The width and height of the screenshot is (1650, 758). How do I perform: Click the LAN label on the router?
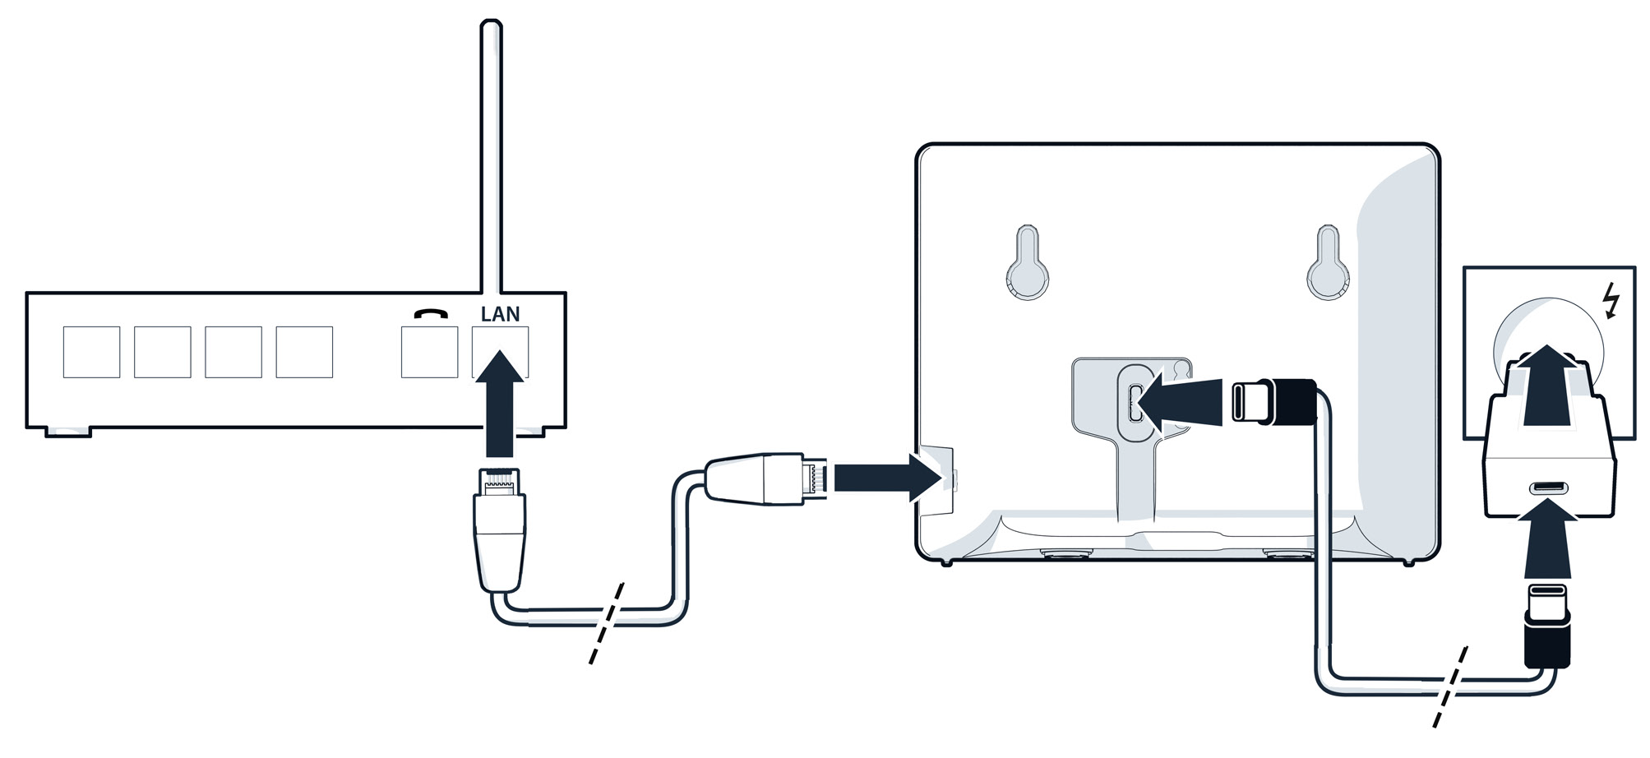[x=500, y=315]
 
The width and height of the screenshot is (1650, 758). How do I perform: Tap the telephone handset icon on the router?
[x=431, y=314]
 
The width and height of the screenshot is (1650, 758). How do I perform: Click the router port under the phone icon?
[x=429, y=352]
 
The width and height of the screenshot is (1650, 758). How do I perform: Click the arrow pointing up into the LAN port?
[x=500, y=403]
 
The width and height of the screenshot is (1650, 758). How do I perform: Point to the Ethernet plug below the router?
[x=499, y=526]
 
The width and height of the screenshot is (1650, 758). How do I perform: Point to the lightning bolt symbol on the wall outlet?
[x=1611, y=300]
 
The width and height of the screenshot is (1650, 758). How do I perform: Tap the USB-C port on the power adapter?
[x=1549, y=488]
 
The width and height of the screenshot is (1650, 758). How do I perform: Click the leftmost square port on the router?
[x=91, y=352]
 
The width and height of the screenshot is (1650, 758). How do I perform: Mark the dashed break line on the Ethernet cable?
[x=607, y=622]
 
